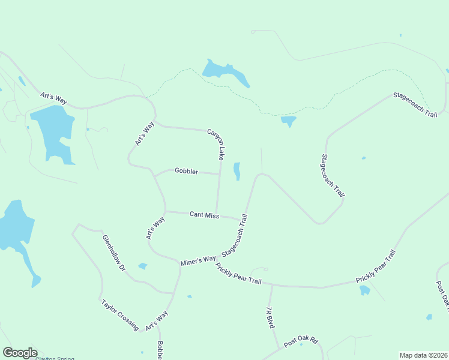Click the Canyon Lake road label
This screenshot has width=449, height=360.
point(216,144)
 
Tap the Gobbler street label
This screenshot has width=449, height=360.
point(186,171)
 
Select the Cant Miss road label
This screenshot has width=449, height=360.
point(204,214)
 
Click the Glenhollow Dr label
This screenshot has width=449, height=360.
point(113,252)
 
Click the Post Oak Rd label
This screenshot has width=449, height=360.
point(300,341)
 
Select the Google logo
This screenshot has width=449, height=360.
point(20,353)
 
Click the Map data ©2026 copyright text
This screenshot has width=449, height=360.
point(423,355)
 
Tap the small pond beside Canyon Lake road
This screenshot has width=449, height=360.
point(237,171)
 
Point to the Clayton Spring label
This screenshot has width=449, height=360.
point(55,358)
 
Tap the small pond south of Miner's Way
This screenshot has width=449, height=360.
point(143,266)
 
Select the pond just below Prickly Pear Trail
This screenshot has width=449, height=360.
point(364,290)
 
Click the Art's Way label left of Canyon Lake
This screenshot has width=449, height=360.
point(145,133)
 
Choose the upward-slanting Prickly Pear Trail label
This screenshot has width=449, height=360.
point(376,267)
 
